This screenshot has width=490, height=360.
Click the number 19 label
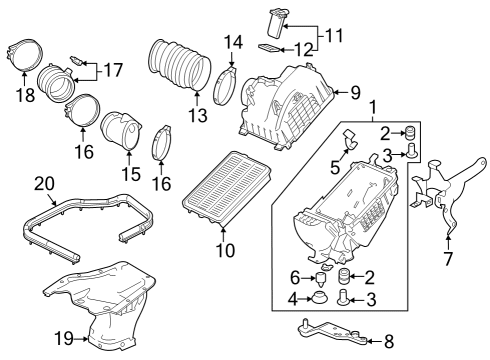(x=64, y=339)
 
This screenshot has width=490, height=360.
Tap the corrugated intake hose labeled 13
(x=176, y=66)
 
